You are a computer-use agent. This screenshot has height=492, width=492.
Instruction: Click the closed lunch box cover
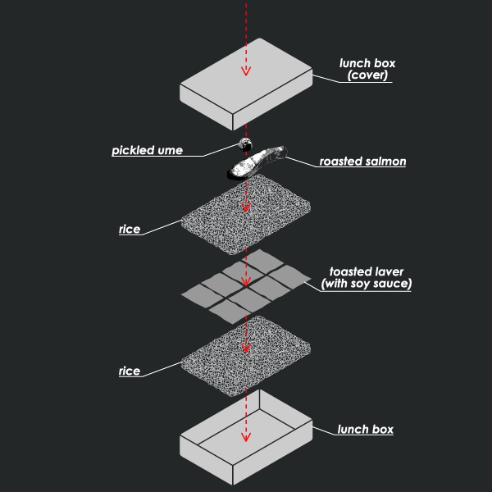click(x=246, y=82)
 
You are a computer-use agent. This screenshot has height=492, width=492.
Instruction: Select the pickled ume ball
click(x=244, y=145)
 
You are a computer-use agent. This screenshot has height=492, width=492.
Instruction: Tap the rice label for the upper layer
click(x=130, y=230)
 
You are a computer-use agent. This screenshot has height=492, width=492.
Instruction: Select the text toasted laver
click(x=367, y=271)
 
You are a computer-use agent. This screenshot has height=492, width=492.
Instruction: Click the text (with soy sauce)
click(x=367, y=285)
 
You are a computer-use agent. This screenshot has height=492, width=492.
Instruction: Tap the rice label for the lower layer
click(x=130, y=371)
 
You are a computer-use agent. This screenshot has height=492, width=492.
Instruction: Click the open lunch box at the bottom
click(x=246, y=439)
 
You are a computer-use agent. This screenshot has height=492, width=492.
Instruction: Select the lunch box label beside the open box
click(x=366, y=430)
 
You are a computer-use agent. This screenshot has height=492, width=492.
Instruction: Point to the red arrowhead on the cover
click(x=244, y=71)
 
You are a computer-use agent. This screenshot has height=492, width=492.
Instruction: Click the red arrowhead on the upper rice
click(x=244, y=206)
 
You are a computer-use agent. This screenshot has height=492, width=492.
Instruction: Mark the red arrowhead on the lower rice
click(x=244, y=348)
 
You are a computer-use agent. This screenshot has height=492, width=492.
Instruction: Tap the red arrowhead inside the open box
click(x=244, y=435)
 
